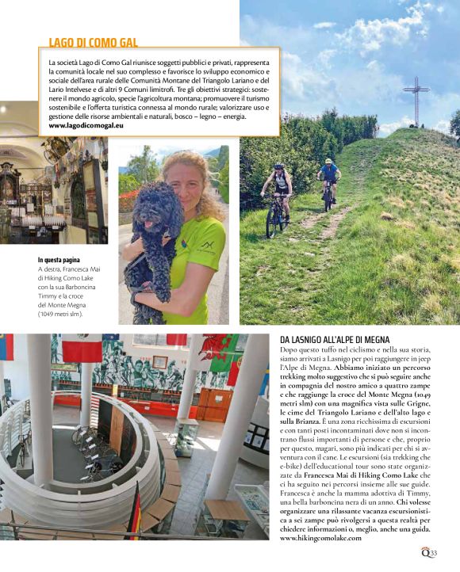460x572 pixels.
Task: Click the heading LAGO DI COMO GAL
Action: coord(94,42)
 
